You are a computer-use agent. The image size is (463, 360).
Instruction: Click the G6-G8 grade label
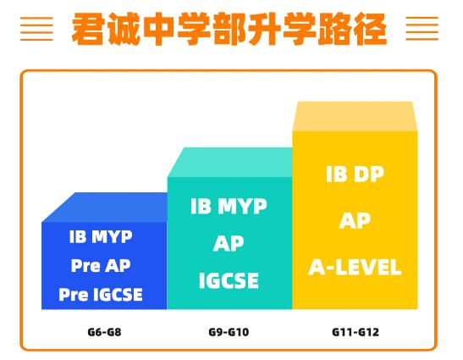click(104, 332)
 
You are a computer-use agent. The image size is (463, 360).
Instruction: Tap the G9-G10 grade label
click(229, 332)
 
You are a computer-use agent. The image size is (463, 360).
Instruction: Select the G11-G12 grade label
click(356, 332)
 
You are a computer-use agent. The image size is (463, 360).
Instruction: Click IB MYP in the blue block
click(101, 236)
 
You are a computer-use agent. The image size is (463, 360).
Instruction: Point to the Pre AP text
click(101, 265)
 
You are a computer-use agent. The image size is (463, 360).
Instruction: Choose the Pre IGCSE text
click(101, 295)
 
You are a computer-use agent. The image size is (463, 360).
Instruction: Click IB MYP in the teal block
click(229, 206)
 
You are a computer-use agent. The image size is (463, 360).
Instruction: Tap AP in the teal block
click(229, 243)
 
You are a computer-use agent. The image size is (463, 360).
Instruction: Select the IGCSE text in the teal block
click(229, 280)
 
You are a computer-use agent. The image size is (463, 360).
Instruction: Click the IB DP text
click(355, 174)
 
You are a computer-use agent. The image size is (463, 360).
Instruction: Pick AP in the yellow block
click(355, 220)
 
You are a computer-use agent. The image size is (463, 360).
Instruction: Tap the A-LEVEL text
click(355, 267)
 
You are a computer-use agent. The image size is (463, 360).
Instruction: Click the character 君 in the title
click(88, 29)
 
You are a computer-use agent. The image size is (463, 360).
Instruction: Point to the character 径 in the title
click(371, 29)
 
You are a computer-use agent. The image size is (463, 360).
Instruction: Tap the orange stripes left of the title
click(36, 29)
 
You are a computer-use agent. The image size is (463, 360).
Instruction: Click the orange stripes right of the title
click(422, 29)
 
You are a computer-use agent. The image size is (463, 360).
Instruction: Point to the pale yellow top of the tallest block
click(355, 116)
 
